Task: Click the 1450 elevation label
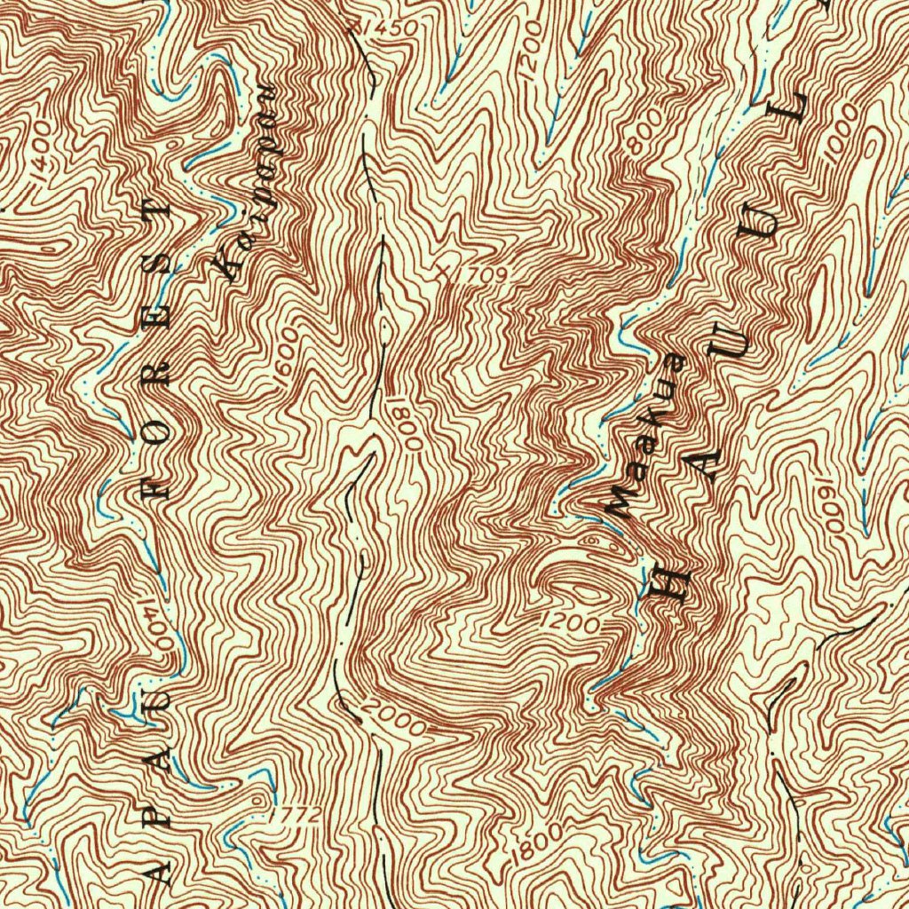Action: tap(389, 28)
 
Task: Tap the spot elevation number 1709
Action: tap(484, 277)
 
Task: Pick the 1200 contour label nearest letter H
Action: tap(569, 623)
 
